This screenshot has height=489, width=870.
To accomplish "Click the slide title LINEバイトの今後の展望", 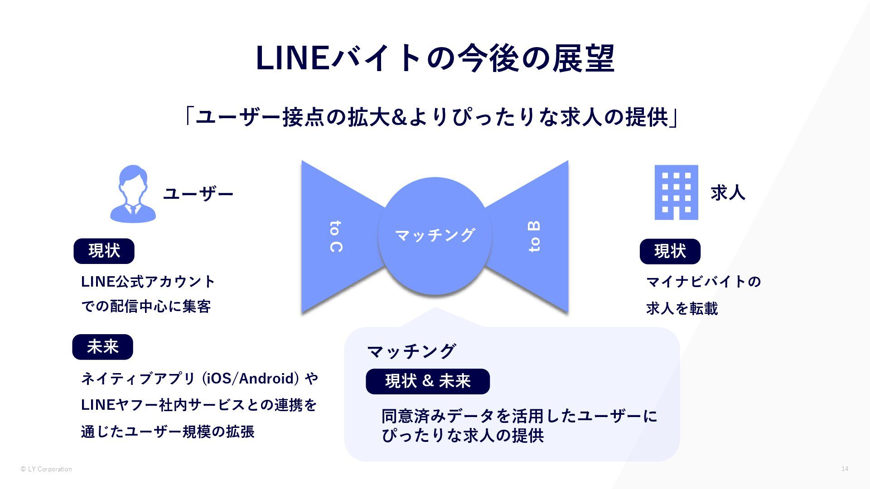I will pyautogui.click(x=435, y=58).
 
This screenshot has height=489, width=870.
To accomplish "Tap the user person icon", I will pyautogui.click(x=133, y=194).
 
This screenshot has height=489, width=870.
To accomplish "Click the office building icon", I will pyautogui.click(x=676, y=192).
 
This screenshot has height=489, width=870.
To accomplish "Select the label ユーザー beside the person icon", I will pyautogui.click(x=198, y=194).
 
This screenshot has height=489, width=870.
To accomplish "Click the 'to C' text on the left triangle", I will pyautogui.click(x=336, y=236).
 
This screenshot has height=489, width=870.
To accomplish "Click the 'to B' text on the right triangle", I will pyautogui.click(x=534, y=236).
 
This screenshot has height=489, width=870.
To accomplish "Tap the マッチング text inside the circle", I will pyautogui.click(x=435, y=235).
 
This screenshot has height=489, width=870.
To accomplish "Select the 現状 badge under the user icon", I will pyautogui.click(x=104, y=251).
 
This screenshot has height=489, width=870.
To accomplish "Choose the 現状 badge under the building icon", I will pyautogui.click(x=670, y=251).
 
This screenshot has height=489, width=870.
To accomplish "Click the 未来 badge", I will pyautogui.click(x=102, y=347).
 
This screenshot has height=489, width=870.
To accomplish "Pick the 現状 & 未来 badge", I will pyautogui.click(x=427, y=381).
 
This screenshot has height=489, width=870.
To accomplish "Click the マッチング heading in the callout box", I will pyautogui.click(x=411, y=351).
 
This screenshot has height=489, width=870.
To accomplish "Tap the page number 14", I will pyautogui.click(x=845, y=469).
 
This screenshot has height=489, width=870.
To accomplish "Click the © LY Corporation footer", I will pyautogui.click(x=46, y=469).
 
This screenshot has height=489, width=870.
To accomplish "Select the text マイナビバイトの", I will pyautogui.click(x=703, y=282).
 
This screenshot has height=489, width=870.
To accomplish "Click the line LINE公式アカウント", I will pyautogui.click(x=148, y=282).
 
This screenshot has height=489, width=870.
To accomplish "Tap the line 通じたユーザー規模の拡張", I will pyautogui.click(x=168, y=431).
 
